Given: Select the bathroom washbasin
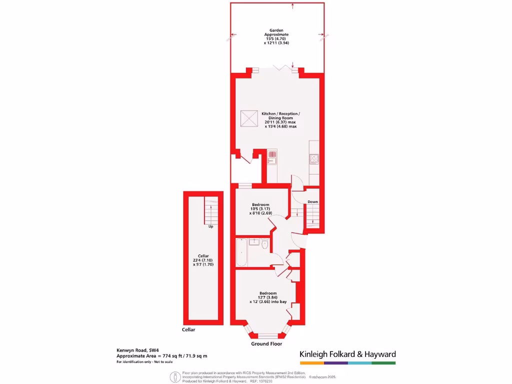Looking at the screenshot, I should coord(253,241).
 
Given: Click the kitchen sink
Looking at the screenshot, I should coord(272,157).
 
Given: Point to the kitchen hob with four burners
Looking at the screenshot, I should coord(315,159).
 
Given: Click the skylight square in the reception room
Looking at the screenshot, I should coord(249,119).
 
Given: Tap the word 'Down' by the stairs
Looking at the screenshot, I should coord(312,202).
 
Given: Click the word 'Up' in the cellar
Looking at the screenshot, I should coord(210,226).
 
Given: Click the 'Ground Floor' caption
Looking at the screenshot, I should coord(266,344).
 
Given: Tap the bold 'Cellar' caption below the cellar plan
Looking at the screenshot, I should coord(188,330).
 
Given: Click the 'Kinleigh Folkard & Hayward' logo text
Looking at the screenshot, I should coord(347,354).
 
